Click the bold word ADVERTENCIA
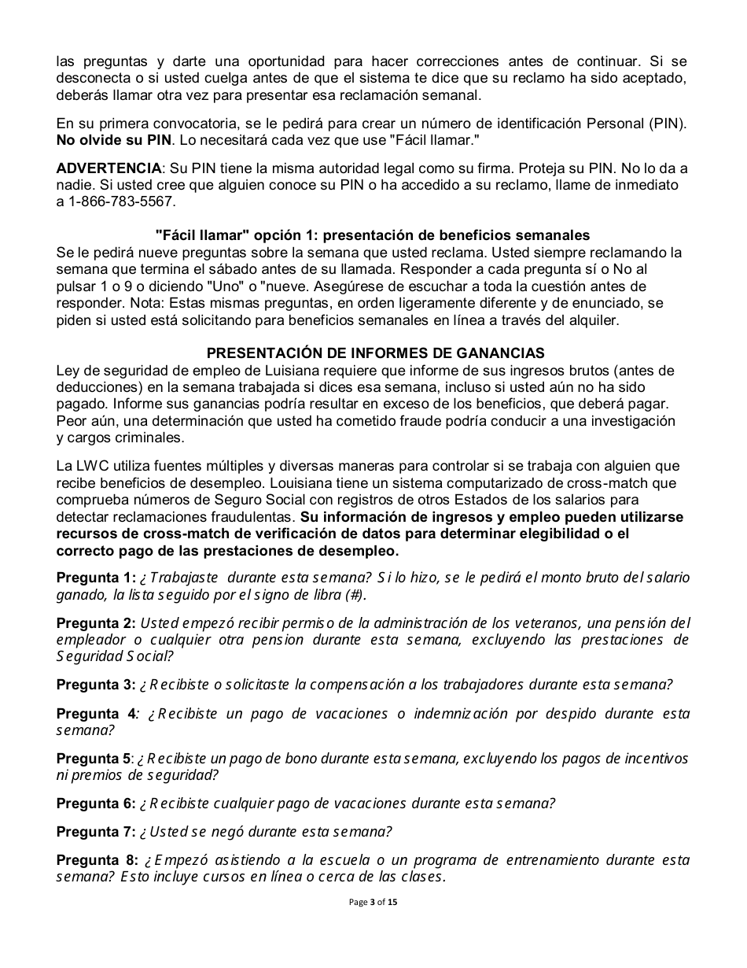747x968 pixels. [x=108, y=168]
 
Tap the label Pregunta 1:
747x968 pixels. [x=96, y=577]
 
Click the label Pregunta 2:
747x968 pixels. [x=96, y=623]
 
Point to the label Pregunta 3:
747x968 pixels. [x=96, y=684]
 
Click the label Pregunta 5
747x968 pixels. [x=94, y=759]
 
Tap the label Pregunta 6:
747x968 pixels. [x=96, y=804]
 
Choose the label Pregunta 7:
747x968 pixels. [x=96, y=831]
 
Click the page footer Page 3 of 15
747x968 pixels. [x=373, y=902]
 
